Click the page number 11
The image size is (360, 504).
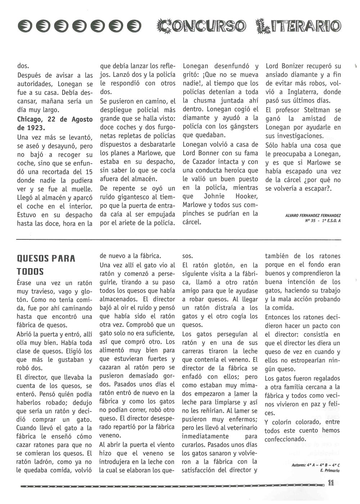(332, 484)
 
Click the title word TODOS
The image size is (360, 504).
(30, 271)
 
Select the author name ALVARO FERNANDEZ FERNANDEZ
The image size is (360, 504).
(312, 215)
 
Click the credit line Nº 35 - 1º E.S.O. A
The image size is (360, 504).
(322, 221)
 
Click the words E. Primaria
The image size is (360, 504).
(330, 470)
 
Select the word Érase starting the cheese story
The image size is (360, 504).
(26, 283)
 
